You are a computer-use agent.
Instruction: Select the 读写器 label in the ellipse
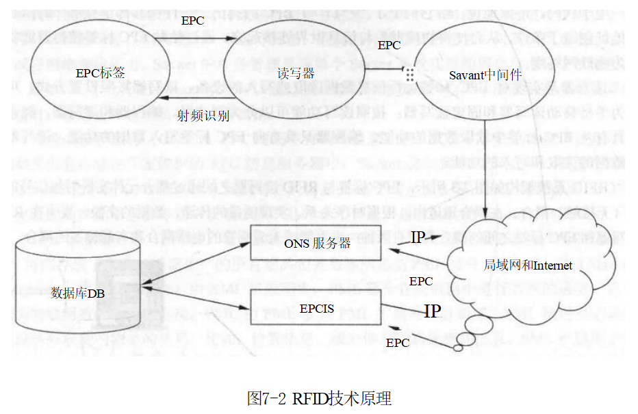[297, 74]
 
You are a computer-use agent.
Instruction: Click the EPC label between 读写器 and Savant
[389, 45]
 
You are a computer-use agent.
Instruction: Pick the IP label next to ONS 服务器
[419, 238]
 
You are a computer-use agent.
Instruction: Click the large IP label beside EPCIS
[432, 311]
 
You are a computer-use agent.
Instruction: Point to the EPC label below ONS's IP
[420, 281]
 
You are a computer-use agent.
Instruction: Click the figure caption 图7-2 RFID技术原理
[319, 398]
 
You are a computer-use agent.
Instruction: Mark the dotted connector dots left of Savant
[410, 73]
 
